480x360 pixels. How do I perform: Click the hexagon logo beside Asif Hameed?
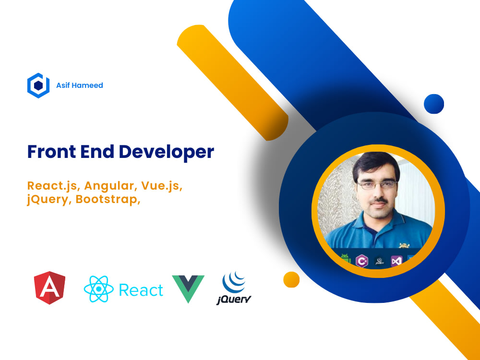pyautogui.click(x=38, y=85)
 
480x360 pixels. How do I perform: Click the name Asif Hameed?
pyautogui.click(x=79, y=85)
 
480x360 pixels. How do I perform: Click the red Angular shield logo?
pyautogui.click(x=50, y=288)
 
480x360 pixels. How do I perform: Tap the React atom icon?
pyautogui.click(x=98, y=289)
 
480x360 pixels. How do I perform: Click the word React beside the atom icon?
pyautogui.click(x=141, y=290)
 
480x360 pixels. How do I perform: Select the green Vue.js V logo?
pyautogui.click(x=188, y=288)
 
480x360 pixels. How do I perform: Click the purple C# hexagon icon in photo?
pyautogui.click(x=361, y=261)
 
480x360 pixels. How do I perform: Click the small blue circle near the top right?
pyautogui.click(x=434, y=103)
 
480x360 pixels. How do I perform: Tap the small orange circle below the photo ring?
pyautogui.click(x=291, y=279)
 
